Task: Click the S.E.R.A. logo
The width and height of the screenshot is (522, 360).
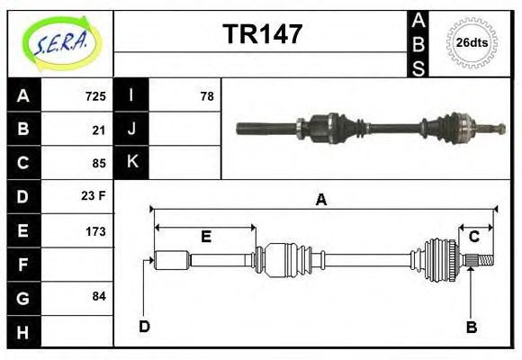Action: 60,42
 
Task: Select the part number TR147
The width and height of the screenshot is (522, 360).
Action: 262,35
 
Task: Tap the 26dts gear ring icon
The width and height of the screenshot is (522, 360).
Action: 472,42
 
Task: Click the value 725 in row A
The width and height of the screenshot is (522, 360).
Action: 95,95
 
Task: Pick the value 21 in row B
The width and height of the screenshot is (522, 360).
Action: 99,130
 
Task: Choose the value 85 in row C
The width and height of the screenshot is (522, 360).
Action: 99,164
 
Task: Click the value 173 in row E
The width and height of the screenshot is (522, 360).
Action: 95,231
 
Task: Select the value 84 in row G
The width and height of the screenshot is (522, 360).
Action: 99,296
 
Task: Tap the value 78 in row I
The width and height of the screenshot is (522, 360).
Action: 207,95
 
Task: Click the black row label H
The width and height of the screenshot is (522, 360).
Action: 23,332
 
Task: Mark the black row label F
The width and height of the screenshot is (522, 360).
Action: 23,265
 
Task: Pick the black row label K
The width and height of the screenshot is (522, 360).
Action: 132,163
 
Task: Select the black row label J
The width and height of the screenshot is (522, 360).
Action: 132,130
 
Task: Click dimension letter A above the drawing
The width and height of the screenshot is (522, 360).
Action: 320,201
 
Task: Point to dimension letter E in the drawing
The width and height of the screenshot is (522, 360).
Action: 206,237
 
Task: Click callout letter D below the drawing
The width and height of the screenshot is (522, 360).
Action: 144,327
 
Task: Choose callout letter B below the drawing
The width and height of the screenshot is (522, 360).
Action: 471,328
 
